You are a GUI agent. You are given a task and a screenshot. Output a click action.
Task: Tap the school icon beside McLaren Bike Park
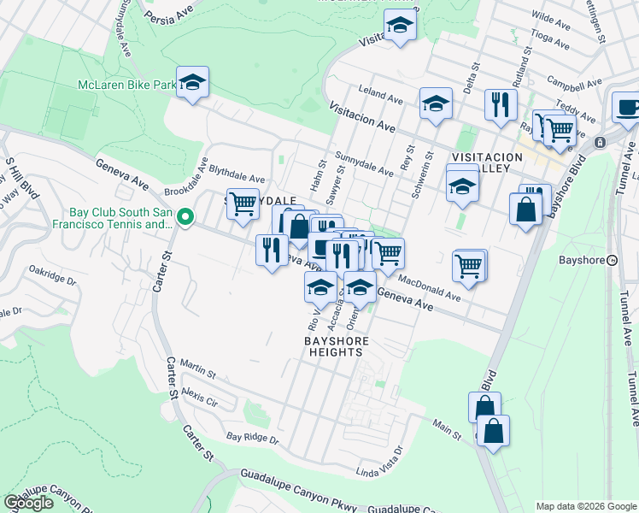coord(193,83)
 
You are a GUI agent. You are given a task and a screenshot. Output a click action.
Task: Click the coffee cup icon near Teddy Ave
coord(627,108)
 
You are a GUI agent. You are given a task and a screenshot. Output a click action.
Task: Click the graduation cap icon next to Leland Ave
coord(436,104)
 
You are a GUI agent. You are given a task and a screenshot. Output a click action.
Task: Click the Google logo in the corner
coord(28,503)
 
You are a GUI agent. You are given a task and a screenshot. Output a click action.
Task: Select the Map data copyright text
coord(585,505)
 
